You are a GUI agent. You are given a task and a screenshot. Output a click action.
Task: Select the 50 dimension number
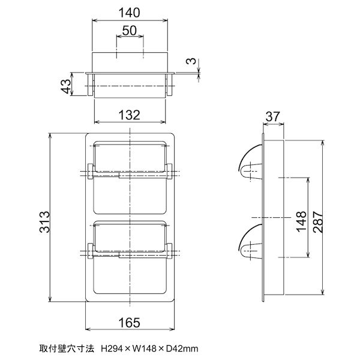[x=129, y=30]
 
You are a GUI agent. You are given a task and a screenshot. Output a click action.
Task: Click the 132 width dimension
[x=129, y=115]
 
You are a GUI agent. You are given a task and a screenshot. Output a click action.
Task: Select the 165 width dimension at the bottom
[x=129, y=323]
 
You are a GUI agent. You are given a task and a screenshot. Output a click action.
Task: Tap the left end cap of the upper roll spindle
[x=91, y=171]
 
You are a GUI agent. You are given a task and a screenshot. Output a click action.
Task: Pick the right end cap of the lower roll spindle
[x=169, y=252]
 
